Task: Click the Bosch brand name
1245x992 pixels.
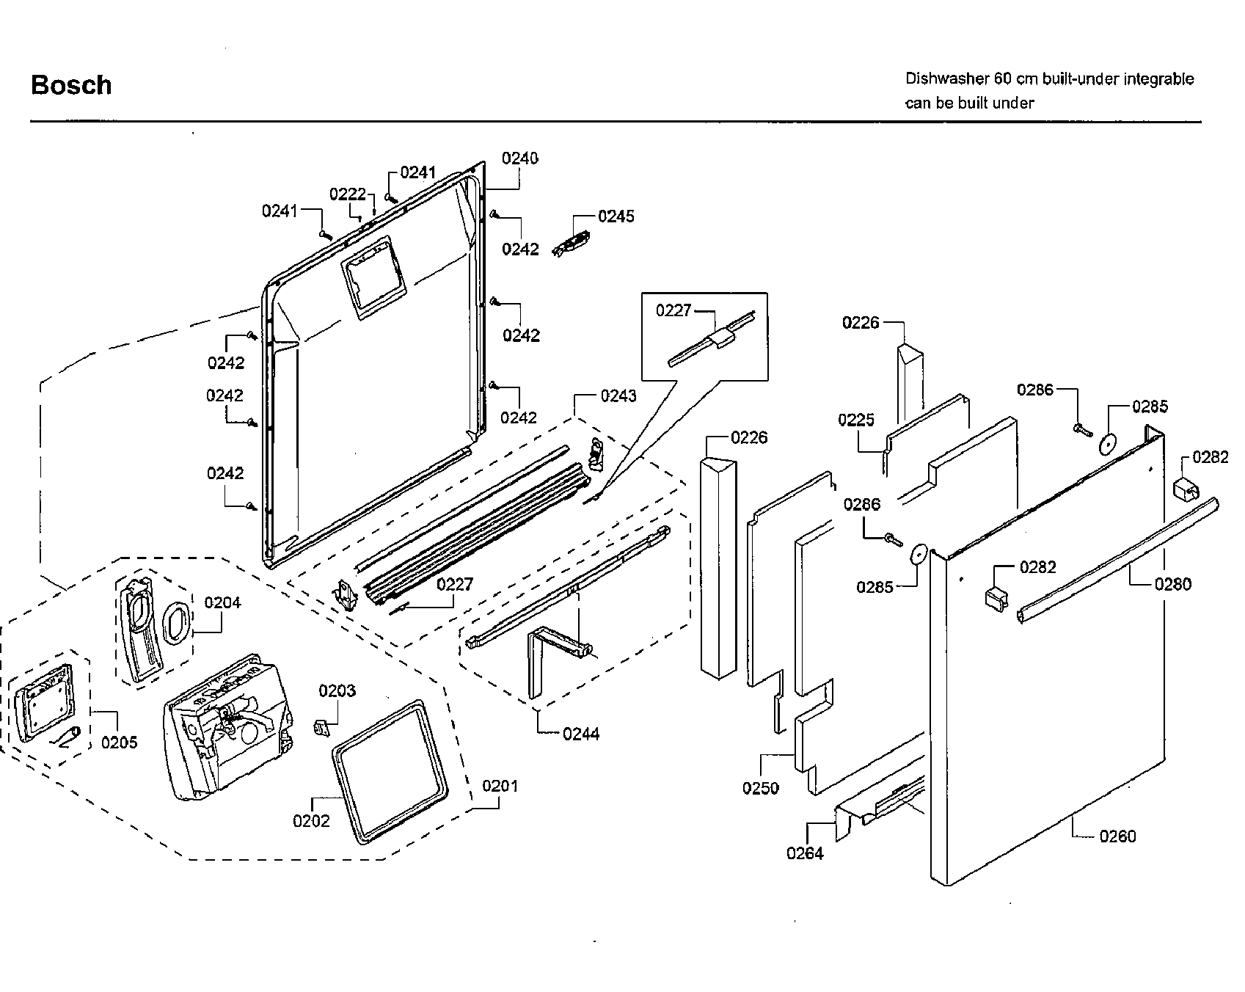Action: click(x=71, y=85)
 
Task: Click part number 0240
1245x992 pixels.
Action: click(x=519, y=158)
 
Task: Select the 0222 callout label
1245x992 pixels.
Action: click(x=347, y=194)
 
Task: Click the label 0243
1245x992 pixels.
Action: click(x=618, y=396)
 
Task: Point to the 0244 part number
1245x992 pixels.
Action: click(x=581, y=734)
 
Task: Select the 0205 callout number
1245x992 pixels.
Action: click(x=119, y=743)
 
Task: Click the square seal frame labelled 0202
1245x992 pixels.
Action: click(x=389, y=770)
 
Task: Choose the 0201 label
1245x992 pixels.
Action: click(x=500, y=786)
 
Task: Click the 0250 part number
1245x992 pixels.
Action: click(x=760, y=788)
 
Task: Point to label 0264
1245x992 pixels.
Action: click(x=805, y=853)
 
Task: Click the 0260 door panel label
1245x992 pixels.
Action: click(x=1117, y=836)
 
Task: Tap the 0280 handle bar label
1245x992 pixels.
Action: click(x=1172, y=584)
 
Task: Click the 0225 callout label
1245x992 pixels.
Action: click(x=856, y=420)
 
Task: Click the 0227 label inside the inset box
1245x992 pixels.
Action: click(x=673, y=311)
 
